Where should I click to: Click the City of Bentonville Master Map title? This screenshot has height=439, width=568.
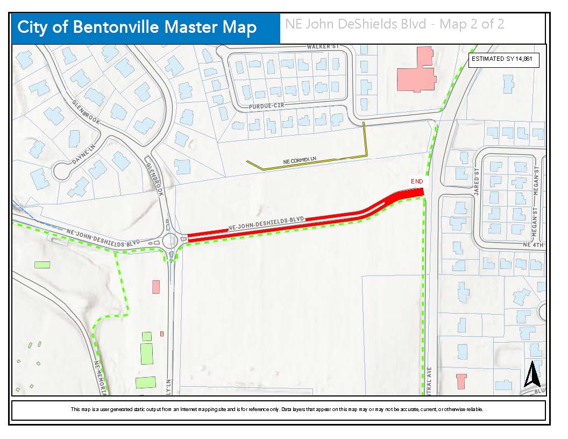pos(137,28)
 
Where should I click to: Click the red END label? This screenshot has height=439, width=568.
pos(417,182)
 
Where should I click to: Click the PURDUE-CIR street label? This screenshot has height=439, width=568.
pos(265,107)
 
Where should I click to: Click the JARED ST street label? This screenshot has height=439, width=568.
pos(476,182)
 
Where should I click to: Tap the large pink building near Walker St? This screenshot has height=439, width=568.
pos(416,70)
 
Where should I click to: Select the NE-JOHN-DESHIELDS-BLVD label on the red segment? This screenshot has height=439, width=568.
pos(266,223)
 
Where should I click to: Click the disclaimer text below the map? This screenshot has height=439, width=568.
pos(278,409)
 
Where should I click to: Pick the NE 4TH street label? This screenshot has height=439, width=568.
pos(534,245)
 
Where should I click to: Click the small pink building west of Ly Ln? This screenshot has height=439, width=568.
pos(156,286)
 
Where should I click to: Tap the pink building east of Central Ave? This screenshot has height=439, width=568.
pos(460,381)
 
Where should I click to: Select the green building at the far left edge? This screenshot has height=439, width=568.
pos(41,265)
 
